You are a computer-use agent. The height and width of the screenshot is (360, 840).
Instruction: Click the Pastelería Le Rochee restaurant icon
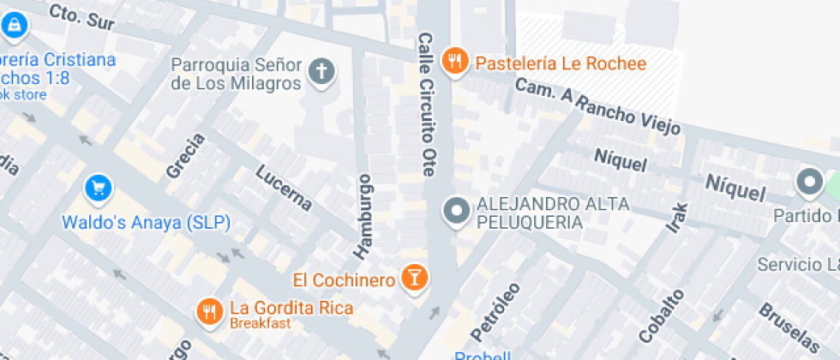(453, 62)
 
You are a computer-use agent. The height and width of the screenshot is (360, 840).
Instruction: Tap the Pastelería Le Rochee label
(561, 63)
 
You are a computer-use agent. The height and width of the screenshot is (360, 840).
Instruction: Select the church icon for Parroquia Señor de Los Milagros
(321, 74)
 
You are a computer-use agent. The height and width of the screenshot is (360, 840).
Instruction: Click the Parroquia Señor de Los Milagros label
(237, 75)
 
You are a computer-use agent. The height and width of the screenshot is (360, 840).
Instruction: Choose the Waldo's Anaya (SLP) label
(146, 223)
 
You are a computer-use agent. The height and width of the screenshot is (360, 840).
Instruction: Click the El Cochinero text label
(344, 280)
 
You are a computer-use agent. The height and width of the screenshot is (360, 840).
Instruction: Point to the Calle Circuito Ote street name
(426, 105)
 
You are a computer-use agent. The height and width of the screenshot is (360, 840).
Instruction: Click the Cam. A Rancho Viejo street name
(599, 106)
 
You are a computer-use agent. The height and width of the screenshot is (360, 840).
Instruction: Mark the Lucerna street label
(284, 186)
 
